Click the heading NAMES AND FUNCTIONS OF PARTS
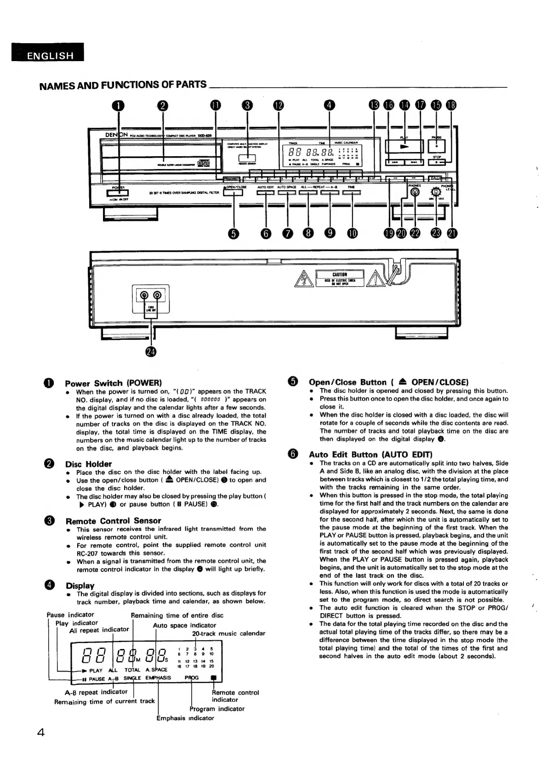(x=123, y=85)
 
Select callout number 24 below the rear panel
(x=150, y=352)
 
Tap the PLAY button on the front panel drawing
(x=404, y=146)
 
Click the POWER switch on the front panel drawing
(x=118, y=193)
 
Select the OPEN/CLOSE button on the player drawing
(x=233, y=193)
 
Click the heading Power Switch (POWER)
(x=114, y=383)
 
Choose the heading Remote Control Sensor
(x=113, y=521)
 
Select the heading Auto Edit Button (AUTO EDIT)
(x=371, y=455)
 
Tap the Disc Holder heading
(x=88, y=464)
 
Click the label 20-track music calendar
(x=228, y=633)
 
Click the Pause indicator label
(x=70, y=615)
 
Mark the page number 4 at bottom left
(x=40, y=733)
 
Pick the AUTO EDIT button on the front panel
(x=266, y=193)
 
